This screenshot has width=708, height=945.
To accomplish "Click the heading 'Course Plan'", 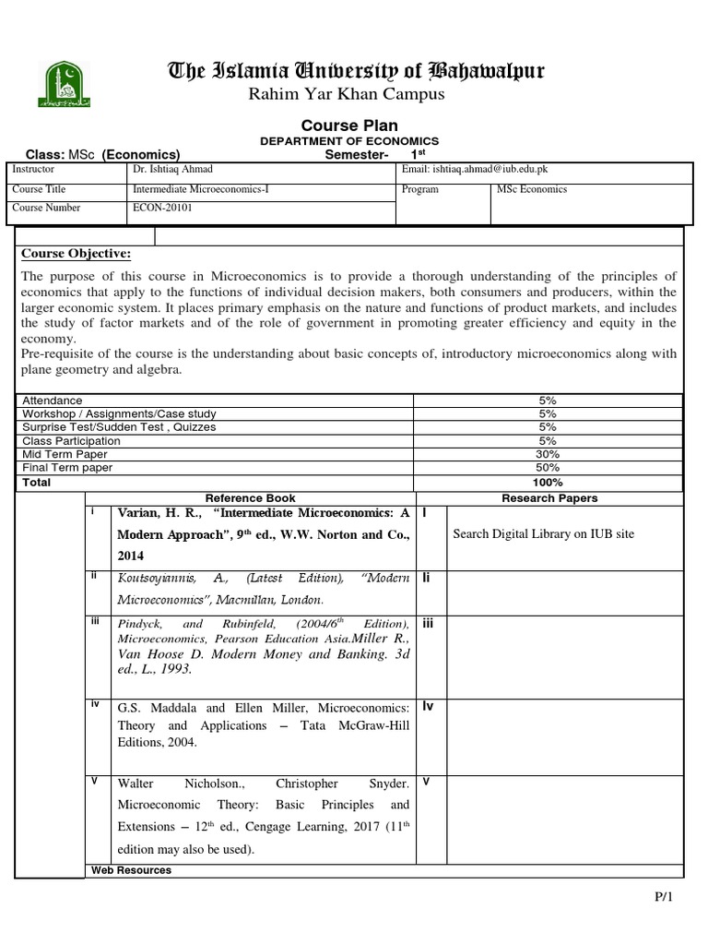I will coord(350,126).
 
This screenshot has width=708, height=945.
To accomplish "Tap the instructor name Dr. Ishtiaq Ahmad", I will coord(171,170).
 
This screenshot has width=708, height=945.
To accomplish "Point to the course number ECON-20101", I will coord(159,208).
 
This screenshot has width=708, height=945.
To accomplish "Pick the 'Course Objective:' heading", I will coord(76,254).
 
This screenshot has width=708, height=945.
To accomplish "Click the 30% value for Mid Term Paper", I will coord(548,454).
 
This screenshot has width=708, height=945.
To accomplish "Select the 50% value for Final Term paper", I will coord(548,468).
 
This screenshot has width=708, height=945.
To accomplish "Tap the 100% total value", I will coord(548,483).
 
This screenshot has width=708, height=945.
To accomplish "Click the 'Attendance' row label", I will coord(52,401).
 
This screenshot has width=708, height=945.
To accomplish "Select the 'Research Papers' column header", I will coord(549,498).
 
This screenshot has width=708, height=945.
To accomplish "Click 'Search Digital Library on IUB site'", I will coord(543,534).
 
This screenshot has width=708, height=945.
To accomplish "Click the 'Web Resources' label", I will coord(131,870).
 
